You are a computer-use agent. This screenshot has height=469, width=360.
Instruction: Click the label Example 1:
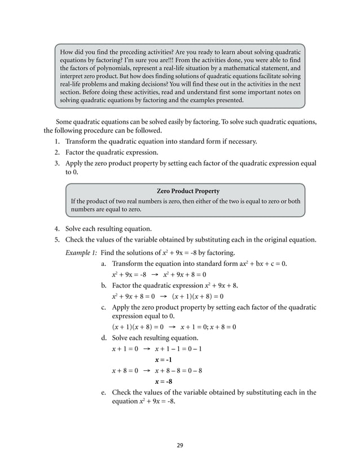81,252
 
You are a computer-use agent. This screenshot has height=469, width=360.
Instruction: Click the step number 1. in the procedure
58,142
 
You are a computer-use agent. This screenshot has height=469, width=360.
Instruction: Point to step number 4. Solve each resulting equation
58,229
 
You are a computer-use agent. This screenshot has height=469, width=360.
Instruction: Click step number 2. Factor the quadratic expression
58,152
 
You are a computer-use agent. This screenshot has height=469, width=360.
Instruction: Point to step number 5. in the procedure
58,239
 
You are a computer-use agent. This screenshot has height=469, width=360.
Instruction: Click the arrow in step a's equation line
155,275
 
